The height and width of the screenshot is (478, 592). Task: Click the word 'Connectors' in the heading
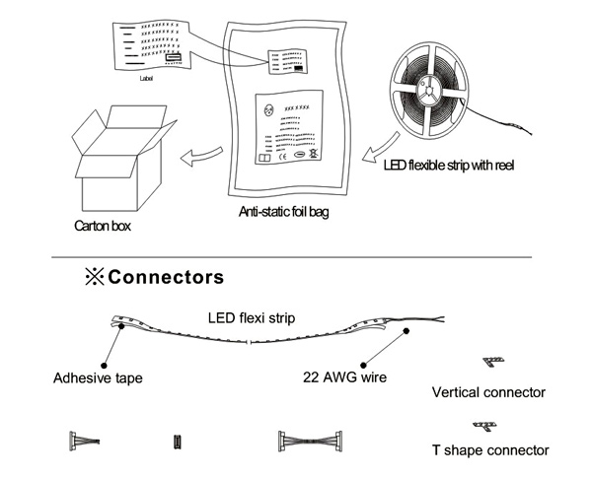point(165,277)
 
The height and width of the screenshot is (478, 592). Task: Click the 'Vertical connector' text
point(488,392)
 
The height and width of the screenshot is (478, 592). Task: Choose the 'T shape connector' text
point(489,450)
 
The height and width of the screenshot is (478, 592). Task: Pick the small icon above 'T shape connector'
point(483,425)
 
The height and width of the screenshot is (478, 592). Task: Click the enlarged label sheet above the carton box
point(153,44)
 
